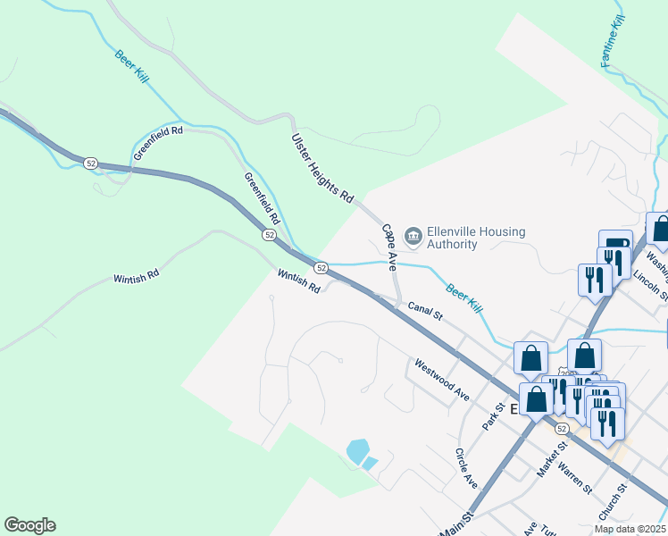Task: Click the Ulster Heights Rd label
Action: pos(322,166)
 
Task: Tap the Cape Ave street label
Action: pos(389,247)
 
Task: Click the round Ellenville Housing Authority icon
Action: pos(413,236)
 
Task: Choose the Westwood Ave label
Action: pos(441,380)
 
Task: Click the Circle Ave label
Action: pos(466,468)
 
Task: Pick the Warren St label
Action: pos(574,478)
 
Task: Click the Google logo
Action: pos(29,525)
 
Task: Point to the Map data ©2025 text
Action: pos(630,529)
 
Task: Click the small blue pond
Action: pos(357,450)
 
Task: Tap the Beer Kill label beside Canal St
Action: pos(464,296)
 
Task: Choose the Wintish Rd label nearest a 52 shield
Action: pos(298,282)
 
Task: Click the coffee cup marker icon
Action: pos(616,245)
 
